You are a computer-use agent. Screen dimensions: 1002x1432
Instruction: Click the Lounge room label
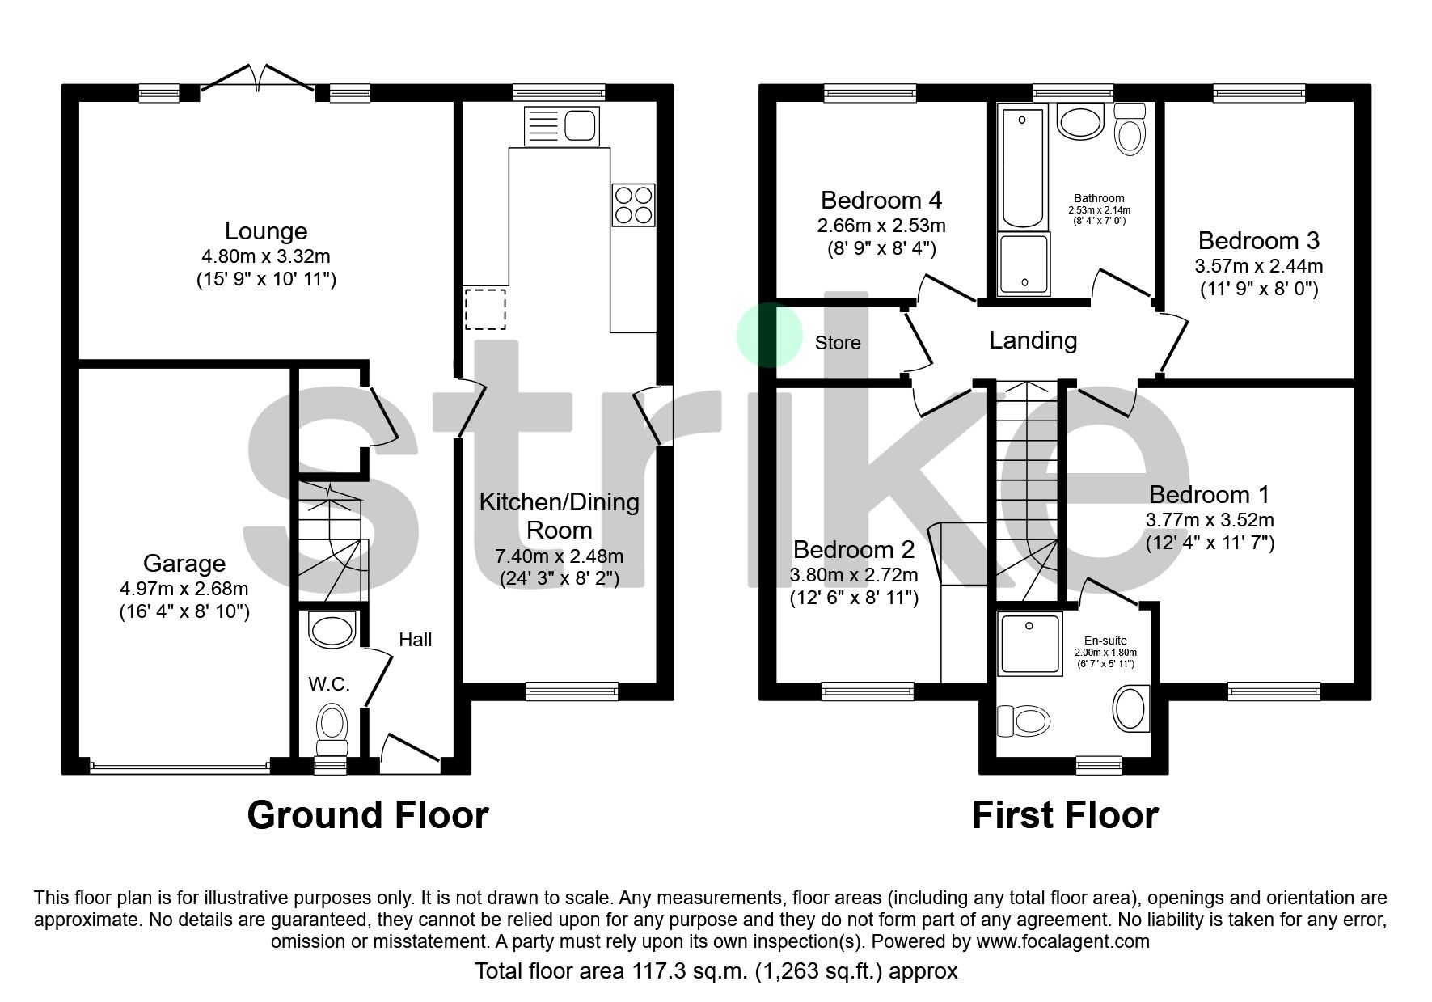266,231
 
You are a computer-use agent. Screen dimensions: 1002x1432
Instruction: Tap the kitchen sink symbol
561,126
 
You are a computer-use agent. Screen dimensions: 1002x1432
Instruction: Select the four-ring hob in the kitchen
633,205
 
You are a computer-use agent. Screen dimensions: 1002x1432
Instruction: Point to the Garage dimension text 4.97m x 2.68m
184,589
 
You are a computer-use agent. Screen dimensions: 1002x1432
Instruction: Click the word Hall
415,640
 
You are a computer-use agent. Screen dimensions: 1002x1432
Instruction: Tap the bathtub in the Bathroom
1022,168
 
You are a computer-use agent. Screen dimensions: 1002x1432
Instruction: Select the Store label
838,343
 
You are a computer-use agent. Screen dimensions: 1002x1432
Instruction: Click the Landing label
1033,340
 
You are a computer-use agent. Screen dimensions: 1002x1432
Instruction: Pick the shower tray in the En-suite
1030,644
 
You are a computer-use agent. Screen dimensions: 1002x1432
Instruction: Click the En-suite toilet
1024,719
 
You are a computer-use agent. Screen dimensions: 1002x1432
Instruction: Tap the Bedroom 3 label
1258,240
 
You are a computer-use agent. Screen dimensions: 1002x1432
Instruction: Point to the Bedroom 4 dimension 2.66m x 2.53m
881,226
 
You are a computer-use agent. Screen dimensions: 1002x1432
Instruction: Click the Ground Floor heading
368,815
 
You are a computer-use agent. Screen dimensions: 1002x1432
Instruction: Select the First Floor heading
1065,815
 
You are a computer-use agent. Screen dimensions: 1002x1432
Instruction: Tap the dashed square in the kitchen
485,309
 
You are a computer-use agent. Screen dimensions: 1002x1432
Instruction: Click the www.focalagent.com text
1062,941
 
